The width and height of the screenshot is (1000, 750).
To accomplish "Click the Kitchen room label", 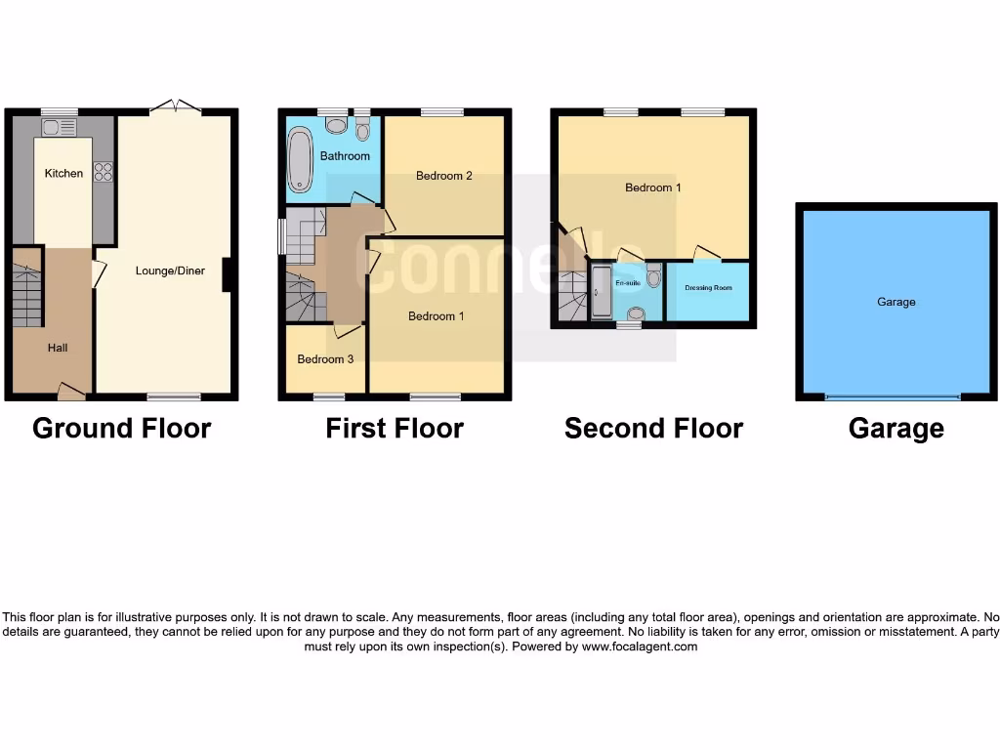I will (63, 173).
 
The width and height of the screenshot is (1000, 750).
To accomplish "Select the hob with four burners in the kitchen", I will (103, 172).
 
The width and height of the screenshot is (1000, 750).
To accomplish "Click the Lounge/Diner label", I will (170, 271).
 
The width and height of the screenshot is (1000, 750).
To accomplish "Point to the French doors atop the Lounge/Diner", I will (176, 107).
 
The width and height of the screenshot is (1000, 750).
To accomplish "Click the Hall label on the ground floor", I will (58, 348).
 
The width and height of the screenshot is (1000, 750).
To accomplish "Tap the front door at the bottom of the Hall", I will (71, 393).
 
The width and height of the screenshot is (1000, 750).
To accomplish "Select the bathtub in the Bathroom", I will (299, 162).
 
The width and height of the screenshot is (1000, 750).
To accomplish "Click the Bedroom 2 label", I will (444, 176).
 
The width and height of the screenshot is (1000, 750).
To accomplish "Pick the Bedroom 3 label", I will (325, 359).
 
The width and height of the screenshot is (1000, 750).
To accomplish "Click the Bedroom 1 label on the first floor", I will (437, 316).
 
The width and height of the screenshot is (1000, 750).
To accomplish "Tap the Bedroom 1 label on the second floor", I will (653, 187).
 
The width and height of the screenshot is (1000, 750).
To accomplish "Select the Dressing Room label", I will (709, 288).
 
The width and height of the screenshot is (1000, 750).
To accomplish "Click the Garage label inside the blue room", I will (896, 303).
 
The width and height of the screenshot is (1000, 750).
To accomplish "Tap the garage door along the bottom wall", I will (893, 397).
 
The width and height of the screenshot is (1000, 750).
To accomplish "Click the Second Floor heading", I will (653, 429).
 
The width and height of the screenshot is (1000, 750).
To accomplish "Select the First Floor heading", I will (395, 429).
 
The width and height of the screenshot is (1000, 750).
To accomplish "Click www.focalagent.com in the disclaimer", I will (640, 646).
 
